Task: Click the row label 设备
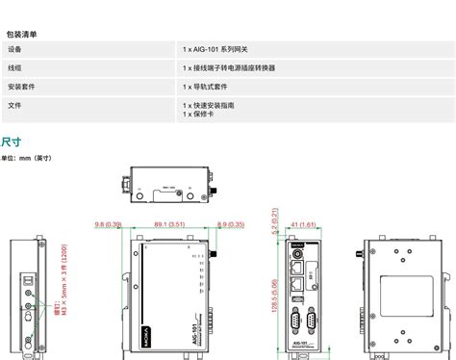[x=14, y=49]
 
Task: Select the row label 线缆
[x=14, y=67]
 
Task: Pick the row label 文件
[x=14, y=104]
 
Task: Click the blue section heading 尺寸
[x=11, y=141]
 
